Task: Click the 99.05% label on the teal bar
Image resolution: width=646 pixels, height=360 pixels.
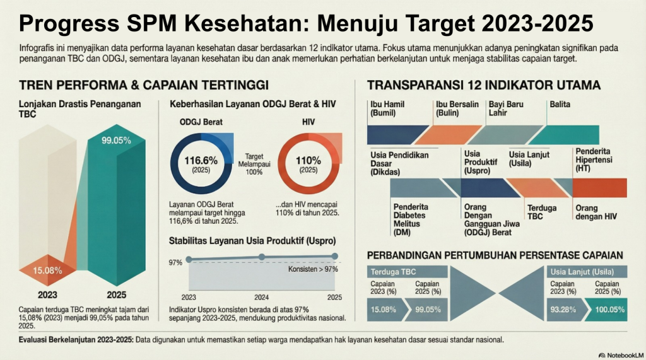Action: pos(116,141)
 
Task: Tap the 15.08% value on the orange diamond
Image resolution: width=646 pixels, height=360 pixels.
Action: pos(47,270)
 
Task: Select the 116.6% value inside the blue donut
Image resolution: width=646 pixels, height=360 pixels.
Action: pos(201,160)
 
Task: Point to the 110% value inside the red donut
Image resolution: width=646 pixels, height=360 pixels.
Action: pos(308,160)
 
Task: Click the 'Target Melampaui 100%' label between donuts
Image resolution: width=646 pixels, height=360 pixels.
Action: pos(254,164)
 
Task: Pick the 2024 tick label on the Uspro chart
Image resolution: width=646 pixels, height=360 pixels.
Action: pos(261,298)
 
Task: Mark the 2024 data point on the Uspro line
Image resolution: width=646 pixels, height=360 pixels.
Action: pos(262,257)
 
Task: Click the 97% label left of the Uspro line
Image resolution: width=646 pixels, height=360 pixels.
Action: pos(175,262)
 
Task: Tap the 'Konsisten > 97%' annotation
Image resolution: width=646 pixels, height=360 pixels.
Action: pos(313,269)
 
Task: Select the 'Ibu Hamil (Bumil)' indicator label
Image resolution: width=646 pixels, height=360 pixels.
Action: pos(387,108)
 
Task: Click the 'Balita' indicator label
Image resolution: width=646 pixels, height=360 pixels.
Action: pos(560,104)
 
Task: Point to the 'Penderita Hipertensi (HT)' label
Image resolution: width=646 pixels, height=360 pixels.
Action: pos(594,160)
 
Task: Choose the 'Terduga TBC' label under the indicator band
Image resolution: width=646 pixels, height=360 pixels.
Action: pos(542,212)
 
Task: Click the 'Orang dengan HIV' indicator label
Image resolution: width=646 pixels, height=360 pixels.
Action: pos(596,212)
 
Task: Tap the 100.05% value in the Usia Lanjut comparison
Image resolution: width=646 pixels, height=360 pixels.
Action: pos(610,310)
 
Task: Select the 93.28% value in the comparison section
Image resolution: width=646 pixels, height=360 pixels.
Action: pos(563,310)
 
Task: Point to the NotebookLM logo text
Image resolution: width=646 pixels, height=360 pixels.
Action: pos(625,355)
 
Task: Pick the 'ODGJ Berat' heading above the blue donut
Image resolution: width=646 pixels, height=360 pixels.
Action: pos(201,122)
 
